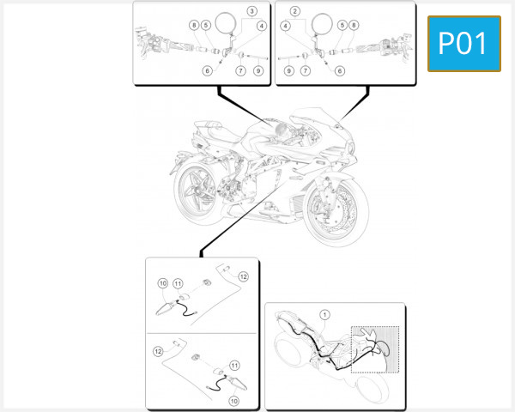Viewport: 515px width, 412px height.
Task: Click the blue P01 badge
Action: click(463, 43)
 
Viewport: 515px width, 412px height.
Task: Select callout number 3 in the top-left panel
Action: click(251, 11)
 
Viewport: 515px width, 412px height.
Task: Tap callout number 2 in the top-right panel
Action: click(294, 11)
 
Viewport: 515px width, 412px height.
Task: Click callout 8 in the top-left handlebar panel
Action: click(195, 26)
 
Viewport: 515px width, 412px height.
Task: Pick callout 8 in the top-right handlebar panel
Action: click(354, 26)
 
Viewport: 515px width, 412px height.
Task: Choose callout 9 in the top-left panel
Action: click(258, 70)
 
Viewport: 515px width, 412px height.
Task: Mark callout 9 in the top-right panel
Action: click(289, 70)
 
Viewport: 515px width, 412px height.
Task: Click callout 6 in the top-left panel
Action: click(207, 70)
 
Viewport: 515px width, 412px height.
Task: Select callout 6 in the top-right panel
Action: click(340, 70)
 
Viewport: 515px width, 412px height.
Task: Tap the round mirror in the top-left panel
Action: click(226, 21)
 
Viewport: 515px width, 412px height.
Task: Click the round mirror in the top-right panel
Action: click(323, 21)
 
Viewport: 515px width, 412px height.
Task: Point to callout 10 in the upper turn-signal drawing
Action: click(163, 283)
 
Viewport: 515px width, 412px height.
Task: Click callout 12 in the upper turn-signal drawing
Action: click(243, 276)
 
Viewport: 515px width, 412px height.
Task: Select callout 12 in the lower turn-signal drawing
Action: click(158, 351)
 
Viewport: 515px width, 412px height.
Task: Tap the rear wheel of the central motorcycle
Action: click(199, 191)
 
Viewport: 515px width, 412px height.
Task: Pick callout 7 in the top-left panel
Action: click(240, 70)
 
